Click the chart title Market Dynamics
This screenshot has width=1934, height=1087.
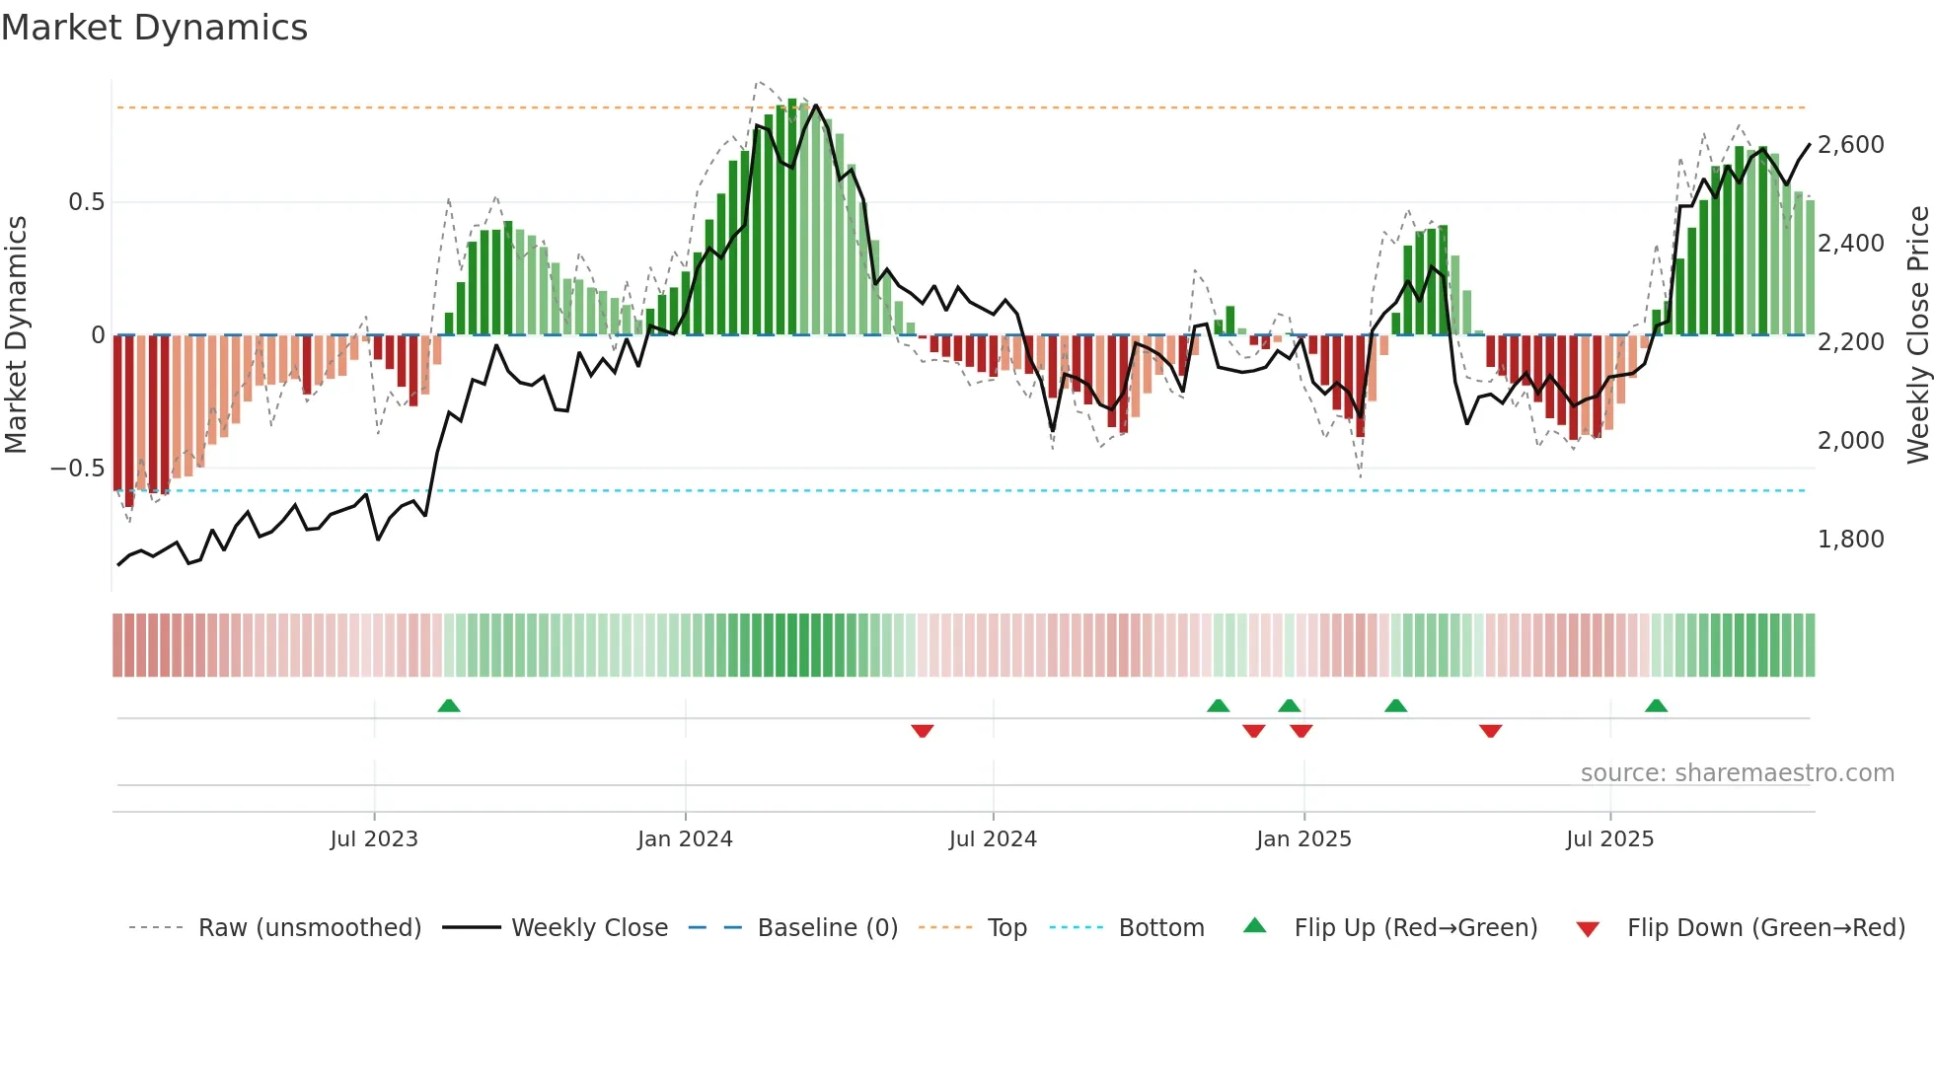click(x=155, y=28)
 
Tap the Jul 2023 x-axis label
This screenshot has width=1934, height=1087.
click(x=374, y=839)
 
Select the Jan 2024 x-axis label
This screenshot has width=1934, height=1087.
click(x=685, y=839)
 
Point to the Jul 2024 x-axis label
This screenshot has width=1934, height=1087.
click(x=993, y=839)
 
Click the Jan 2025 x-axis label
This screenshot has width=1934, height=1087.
click(x=1303, y=839)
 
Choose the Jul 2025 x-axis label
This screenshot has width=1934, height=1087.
click(x=1609, y=839)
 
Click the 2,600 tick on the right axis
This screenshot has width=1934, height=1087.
click(x=1850, y=145)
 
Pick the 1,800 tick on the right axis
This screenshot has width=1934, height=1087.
click(x=1850, y=540)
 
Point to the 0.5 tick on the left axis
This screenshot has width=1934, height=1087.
click(x=86, y=202)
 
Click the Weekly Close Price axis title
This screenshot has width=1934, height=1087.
click(x=1917, y=334)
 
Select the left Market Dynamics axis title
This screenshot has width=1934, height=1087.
click(x=16, y=334)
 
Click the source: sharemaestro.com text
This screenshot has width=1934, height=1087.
click(x=1737, y=773)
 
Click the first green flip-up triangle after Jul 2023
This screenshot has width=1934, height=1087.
click(x=449, y=706)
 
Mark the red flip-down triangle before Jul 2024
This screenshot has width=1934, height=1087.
click(x=923, y=731)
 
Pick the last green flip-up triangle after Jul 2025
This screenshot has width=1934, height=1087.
click(x=1656, y=706)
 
